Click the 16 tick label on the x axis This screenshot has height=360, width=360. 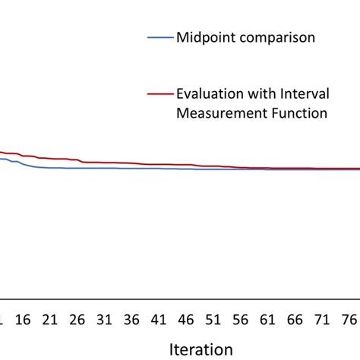pyautogui.click(x=23, y=320)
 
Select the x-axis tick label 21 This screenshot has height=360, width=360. pyautogui.click(x=50, y=320)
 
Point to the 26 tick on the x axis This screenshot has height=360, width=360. pyautogui.click(x=77, y=320)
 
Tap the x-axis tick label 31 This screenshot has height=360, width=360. pyautogui.click(x=106, y=320)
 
